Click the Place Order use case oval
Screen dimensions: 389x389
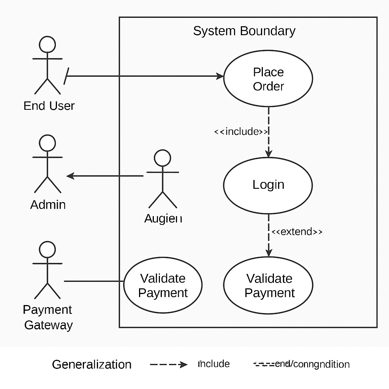tap(268, 79)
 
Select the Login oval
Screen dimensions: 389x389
tap(268, 185)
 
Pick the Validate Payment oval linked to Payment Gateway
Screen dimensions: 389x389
tap(163, 286)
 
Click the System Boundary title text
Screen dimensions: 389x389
tap(244, 31)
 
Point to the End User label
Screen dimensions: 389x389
tap(49, 106)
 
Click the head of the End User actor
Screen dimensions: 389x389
tap(47, 44)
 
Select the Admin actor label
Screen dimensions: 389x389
tap(48, 205)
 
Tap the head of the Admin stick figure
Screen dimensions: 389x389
tap(47, 143)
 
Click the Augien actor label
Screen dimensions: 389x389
tap(163, 218)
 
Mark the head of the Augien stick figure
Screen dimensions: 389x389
tap(163, 158)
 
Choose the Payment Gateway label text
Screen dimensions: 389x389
tap(48, 318)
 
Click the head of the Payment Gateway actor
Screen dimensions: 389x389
tap(47, 249)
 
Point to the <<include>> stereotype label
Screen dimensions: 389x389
tap(241, 132)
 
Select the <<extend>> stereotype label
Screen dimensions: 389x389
tap(297, 232)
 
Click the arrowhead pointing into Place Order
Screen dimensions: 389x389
tap(220, 76)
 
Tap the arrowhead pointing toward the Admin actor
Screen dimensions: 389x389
tap(70, 176)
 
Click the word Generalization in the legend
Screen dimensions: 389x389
tap(92, 365)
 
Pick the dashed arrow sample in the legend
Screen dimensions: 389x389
tap(169, 365)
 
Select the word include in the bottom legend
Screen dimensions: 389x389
tap(214, 364)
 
